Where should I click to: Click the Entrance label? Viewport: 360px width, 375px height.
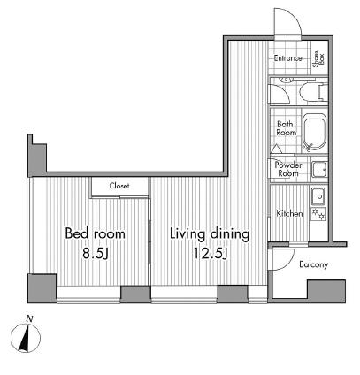(287, 58)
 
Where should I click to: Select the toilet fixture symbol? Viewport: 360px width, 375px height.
(313, 91)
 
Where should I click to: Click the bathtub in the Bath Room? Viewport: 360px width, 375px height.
(315, 132)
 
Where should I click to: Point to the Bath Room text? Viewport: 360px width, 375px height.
(287, 128)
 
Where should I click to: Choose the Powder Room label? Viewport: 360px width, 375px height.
(288, 169)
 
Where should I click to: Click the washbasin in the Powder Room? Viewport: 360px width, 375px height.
(319, 169)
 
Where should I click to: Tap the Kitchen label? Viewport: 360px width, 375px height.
(289, 213)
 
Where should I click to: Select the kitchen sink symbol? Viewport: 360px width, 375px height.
(318, 195)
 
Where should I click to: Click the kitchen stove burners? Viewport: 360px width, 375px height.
(318, 214)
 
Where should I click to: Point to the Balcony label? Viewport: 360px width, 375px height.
(313, 264)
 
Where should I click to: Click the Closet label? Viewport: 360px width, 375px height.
(119, 186)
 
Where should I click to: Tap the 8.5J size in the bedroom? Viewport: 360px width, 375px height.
(96, 254)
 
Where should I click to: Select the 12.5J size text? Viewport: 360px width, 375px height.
(210, 254)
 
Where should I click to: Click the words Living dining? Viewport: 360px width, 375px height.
(210, 234)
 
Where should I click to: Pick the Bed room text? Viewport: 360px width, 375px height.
(95, 233)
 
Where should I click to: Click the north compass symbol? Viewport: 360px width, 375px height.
(26, 338)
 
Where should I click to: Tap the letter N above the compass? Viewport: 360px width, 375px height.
(29, 318)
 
